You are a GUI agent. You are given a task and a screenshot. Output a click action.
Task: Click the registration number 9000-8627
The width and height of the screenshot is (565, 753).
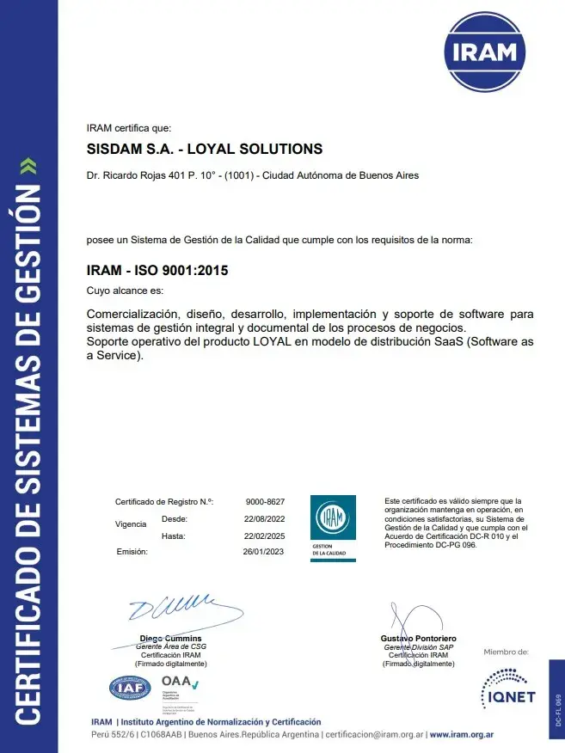pos(265,501)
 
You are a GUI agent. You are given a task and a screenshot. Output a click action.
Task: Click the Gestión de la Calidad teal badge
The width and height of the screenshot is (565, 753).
pos(332,529)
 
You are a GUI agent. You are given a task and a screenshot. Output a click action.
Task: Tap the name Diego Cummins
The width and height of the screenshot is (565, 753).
pos(170,639)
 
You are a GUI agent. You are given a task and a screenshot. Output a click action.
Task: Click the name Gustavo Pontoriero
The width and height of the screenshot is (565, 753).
pos(418,639)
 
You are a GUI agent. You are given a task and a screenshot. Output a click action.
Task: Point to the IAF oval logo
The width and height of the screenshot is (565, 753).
pos(130,688)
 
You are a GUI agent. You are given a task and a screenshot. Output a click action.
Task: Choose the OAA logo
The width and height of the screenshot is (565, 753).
pos(179,685)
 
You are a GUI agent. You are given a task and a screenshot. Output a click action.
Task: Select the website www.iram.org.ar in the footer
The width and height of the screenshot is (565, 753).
pos(461,736)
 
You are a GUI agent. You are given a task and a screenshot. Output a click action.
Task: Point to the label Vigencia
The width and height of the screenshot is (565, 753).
pos(130,523)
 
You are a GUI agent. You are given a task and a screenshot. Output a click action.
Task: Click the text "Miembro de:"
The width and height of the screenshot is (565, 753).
pos(506,652)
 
